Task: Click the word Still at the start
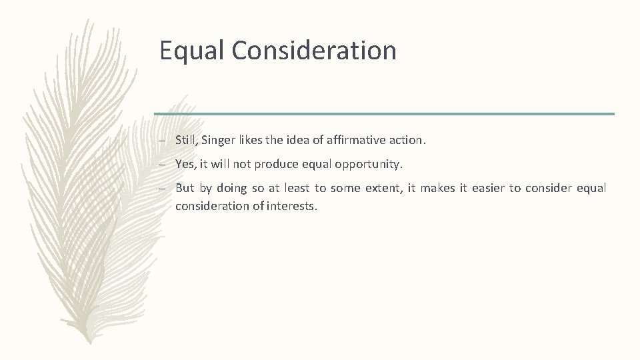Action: point(187,140)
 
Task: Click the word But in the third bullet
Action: point(185,188)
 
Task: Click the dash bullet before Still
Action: point(163,141)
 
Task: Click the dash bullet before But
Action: point(163,189)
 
